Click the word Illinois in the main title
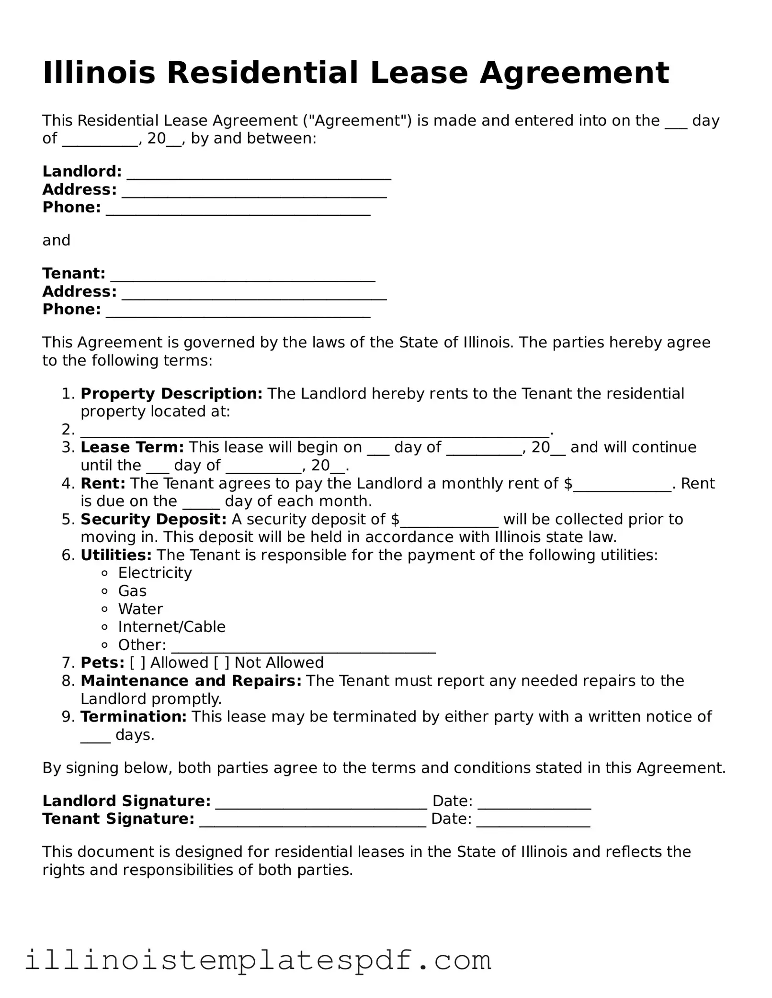pyautogui.click(x=99, y=73)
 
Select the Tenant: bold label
pyautogui.click(x=74, y=274)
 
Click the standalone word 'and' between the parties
pyautogui.click(x=56, y=240)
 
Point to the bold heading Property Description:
pyautogui.click(x=171, y=394)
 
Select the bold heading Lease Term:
pyautogui.click(x=132, y=447)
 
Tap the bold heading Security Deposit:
pyautogui.click(x=153, y=519)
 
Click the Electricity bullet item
pyautogui.click(x=155, y=573)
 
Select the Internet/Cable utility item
pyautogui.click(x=171, y=627)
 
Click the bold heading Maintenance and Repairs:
pyautogui.click(x=191, y=681)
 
